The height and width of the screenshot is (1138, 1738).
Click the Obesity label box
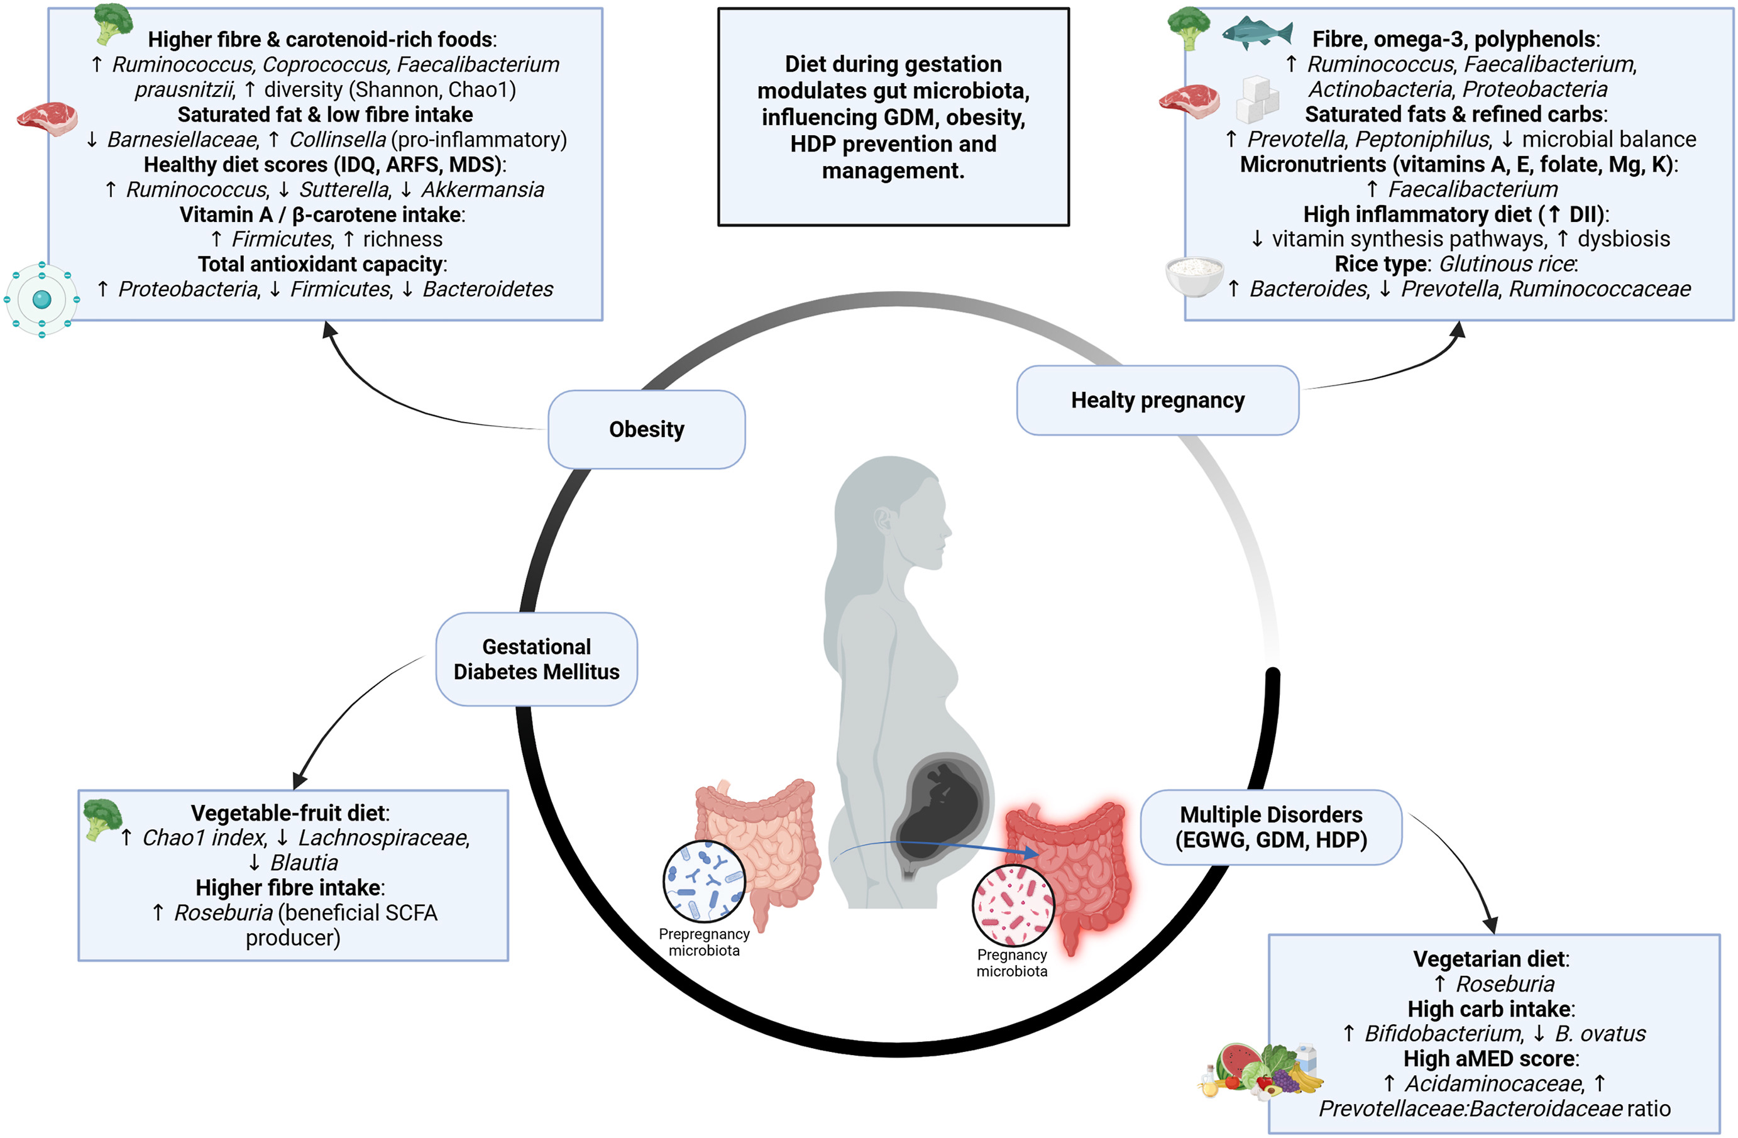pyautogui.click(x=646, y=429)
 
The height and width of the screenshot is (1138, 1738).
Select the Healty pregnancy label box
pyautogui.click(x=1157, y=401)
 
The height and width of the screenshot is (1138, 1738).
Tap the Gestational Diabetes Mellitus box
pyautogui.click(x=536, y=659)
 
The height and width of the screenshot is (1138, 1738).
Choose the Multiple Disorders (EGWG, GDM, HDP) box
pyautogui.click(x=1270, y=827)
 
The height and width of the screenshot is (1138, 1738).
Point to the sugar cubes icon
pyautogui.click(x=1258, y=99)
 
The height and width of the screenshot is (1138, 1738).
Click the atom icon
pyautogui.click(x=41, y=299)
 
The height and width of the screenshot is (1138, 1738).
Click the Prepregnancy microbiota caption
pyautogui.click(x=704, y=942)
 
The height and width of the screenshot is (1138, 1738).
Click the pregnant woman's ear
pyautogui.click(x=884, y=519)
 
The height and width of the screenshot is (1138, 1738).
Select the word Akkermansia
pyautogui.click(x=483, y=190)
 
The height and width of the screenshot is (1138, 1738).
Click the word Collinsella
pyautogui.click(x=338, y=140)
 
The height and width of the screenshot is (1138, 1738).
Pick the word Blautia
pyautogui.click(x=304, y=863)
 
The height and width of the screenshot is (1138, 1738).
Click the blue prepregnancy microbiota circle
pyautogui.click(x=704, y=881)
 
